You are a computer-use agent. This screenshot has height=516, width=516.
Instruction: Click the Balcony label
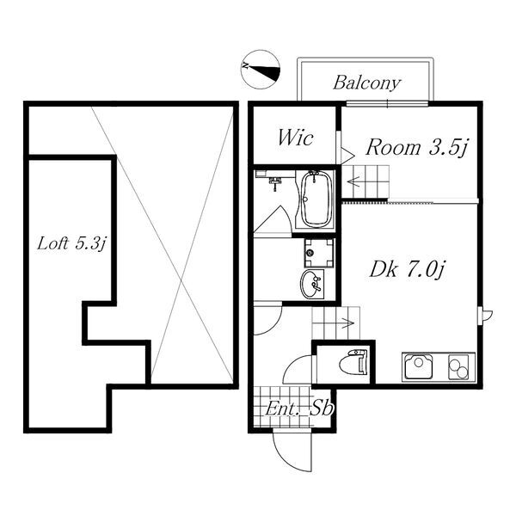(x=367, y=83)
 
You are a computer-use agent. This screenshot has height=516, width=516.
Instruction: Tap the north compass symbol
(x=261, y=70)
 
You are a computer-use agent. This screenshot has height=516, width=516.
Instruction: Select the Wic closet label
(x=295, y=138)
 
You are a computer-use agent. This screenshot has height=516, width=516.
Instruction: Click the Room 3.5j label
(x=416, y=147)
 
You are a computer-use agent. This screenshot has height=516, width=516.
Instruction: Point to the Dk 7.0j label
(x=407, y=270)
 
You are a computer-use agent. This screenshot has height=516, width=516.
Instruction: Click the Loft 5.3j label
(x=71, y=244)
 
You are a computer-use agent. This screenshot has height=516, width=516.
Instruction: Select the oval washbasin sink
(x=311, y=284)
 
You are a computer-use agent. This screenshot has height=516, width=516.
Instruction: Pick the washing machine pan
(x=319, y=253)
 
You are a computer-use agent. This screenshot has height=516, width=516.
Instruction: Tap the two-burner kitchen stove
(x=458, y=367)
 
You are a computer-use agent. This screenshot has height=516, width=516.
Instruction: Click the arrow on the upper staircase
(x=354, y=181)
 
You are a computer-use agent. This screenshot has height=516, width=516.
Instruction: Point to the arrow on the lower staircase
(x=347, y=323)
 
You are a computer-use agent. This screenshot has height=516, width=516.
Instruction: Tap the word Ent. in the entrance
(x=279, y=409)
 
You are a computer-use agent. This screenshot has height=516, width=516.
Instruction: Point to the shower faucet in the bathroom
(x=275, y=182)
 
